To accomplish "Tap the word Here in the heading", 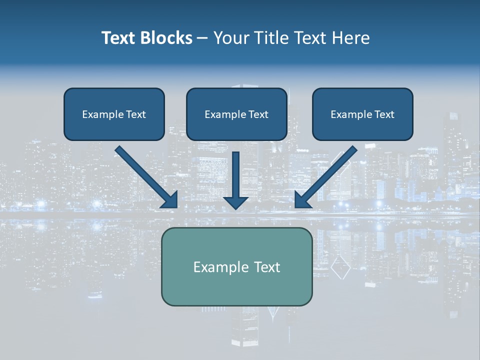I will click(x=351, y=38).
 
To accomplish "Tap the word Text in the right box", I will click(x=384, y=114).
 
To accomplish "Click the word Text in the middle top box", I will click(x=258, y=114).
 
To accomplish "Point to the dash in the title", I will click(x=202, y=38).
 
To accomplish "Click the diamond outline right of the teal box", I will click(x=340, y=268).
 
